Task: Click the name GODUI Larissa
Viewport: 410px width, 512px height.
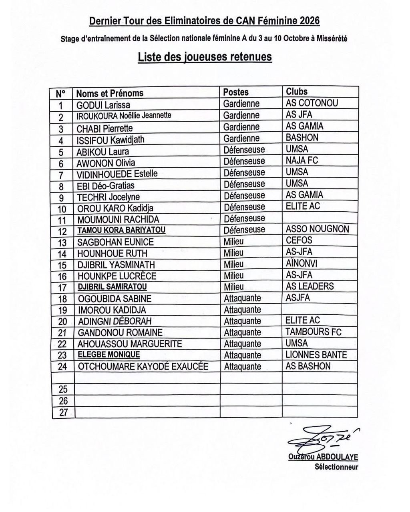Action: pyautogui.click(x=103, y=105)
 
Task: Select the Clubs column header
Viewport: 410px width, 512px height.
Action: pyautogui.click(x=297, y=92)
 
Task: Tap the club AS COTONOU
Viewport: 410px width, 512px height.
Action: pyautogui.click(x=312, y=103)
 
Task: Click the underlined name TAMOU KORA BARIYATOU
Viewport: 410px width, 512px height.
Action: pyautogui.click(x=121, y=230)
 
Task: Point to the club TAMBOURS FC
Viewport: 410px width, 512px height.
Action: pyautogui.click(x=314, y=332)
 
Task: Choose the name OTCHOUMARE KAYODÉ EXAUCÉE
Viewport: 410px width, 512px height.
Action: pyautogui.click(x=143, y=366)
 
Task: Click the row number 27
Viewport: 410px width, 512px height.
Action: pyautogui.click(x=63, y=412)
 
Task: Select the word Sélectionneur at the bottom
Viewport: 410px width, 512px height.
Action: pyautogui.click(x=336, y=467)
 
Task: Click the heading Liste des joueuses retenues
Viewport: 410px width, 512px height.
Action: pyautogui.click(x=205, y=57)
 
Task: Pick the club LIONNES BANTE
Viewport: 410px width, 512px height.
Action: pyautogui.click(x=316, y=355)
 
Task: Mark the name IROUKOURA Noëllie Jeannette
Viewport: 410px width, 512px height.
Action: pyautogui.click(x=124, y=116)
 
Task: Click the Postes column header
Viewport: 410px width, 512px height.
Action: pyautogui.click(x=236, y=92)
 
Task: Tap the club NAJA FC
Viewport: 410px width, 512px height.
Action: pyautogui.click(x=302, y=160)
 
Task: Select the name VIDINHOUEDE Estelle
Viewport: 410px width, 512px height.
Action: pyautogui.click(x=117, y=174)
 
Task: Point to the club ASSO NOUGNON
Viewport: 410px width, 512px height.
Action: pyautogui.click(x=318, y=229)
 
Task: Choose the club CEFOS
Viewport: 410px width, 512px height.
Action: pyautogui.click(x=299, y=240)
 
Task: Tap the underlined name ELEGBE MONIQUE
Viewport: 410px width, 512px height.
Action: pyautogui.click(x=109, y=355)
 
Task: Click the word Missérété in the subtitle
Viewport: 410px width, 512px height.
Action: pyautogui.click(x=332, y=39)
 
